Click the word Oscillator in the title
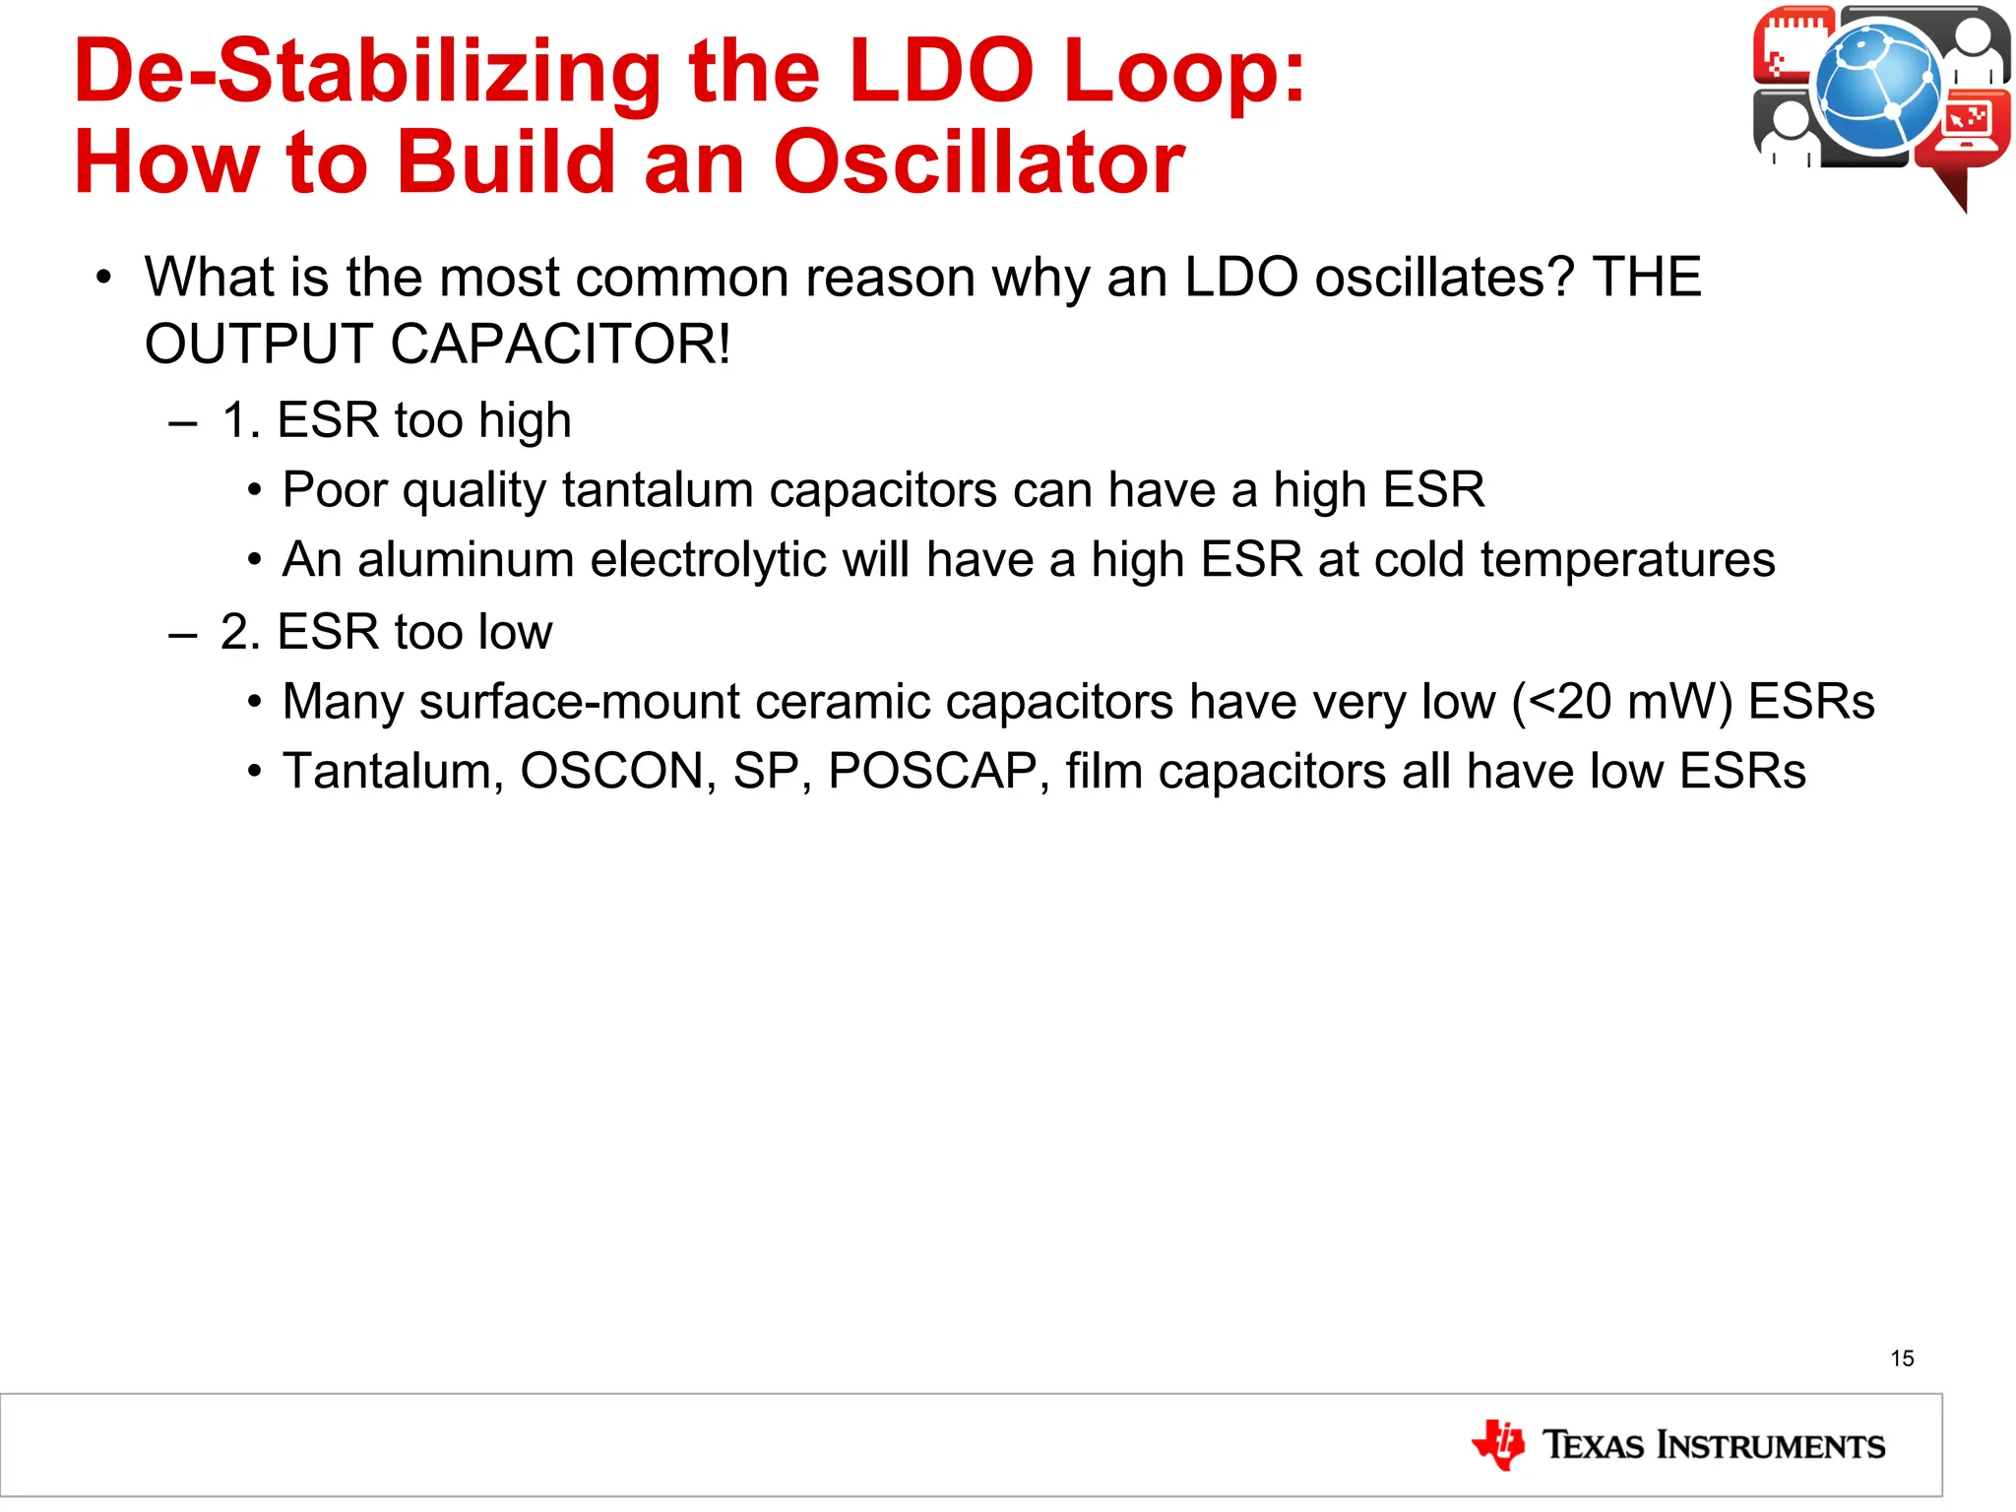click(978, 162)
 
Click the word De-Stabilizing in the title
click(367, 71)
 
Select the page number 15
click(1902, 1358)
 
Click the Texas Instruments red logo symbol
click(1498, 1444)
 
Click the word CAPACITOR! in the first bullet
click(560, 345)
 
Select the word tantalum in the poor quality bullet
click(658, 490)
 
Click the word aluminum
click(466, 560)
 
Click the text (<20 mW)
click(1621, 702)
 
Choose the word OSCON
click(610, 771)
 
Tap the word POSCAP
click(931, 771)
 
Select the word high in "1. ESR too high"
click(524, 421)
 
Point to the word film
click(1102, 771)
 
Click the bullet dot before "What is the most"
click(104, 279)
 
